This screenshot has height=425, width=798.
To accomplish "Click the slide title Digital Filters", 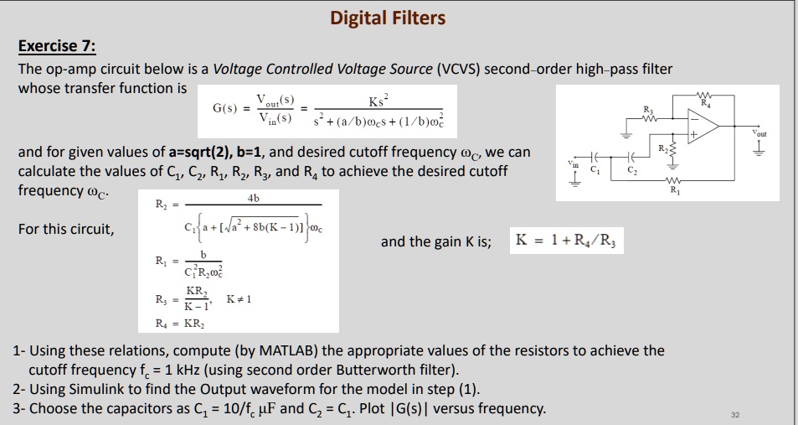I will tap(388, 18).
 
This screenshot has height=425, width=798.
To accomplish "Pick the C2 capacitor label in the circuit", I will tap(631, 172).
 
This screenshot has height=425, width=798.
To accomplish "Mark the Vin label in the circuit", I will tap(572, 163).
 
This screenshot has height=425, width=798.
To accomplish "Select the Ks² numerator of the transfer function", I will tap(379, 101).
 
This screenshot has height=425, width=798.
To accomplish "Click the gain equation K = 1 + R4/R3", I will tap(568, 241).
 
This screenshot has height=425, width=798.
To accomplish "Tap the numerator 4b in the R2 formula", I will tap(254, 199).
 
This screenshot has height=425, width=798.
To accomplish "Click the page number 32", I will tap(734, 414).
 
